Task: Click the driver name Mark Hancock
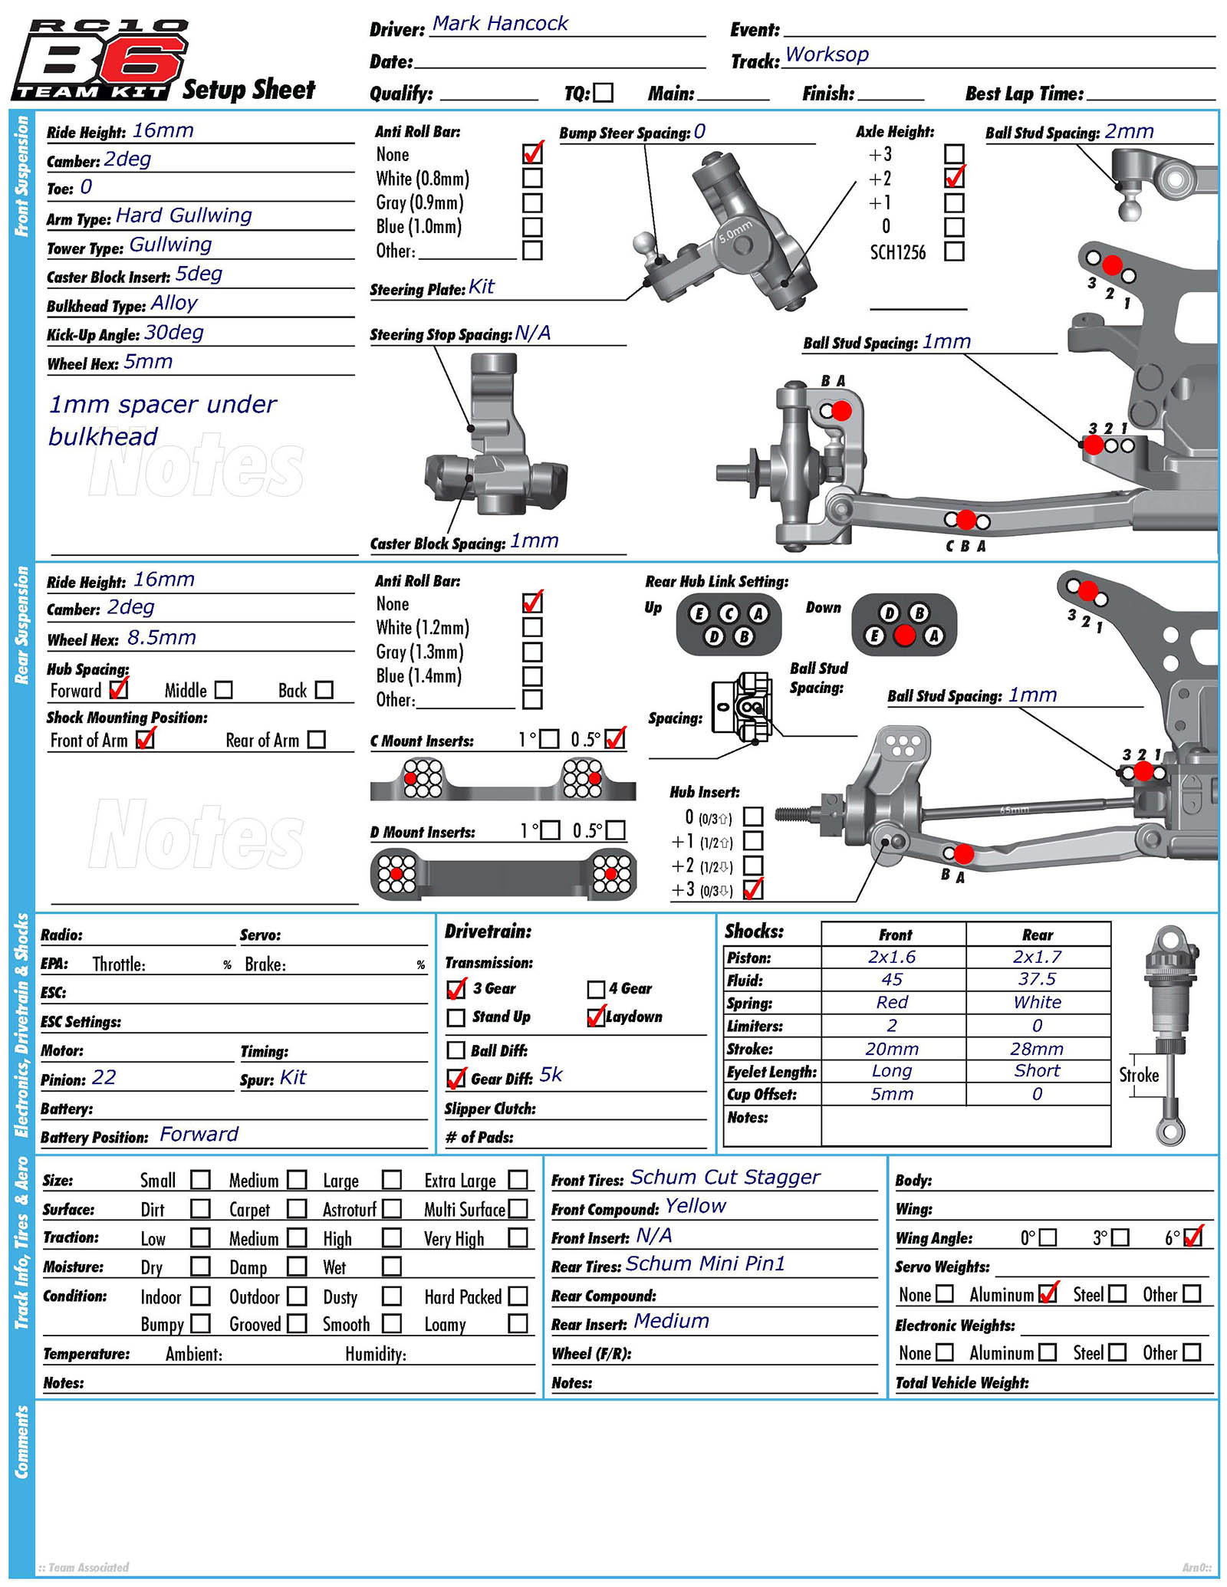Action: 500,24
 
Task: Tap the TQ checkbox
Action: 604,93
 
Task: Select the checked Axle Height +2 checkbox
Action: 954,179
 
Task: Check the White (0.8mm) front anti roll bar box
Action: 532,179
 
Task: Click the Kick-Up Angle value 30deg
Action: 174,333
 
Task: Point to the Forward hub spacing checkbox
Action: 118,690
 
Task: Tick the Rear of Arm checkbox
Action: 316,740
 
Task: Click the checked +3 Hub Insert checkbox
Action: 753,889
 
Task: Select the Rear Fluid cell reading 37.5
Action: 1037,980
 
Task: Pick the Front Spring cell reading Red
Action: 892,1003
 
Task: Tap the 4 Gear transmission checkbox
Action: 596,990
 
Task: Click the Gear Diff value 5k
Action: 551,1075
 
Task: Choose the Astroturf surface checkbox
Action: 392,1210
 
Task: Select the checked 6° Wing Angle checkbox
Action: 1192,1238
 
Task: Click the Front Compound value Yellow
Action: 695,1206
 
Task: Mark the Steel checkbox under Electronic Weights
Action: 1117,1352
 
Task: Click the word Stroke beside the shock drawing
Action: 1138,1075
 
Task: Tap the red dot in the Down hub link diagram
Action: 904,636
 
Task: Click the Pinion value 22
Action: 104,1078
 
